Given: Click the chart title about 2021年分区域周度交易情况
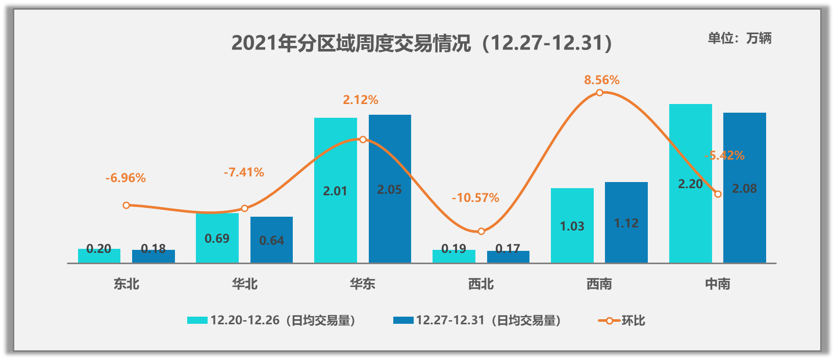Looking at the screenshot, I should tap(421, 43).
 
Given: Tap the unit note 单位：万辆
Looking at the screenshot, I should tap(739, 38).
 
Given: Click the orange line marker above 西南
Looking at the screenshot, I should tap(599, 93).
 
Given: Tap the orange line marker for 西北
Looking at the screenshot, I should tap(481, 232).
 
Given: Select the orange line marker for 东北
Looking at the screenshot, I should tap(126, 205).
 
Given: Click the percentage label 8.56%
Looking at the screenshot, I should tap(601, 80).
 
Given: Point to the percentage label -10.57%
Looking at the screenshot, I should tap(475, 198).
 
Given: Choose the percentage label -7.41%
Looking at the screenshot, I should tap(244, 172).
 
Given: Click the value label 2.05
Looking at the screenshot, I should tap(389, 190).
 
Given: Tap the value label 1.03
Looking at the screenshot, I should tap(572, 226).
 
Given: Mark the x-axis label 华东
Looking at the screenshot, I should tap(363, 284).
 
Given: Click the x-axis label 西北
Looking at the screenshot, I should tap(481, 284).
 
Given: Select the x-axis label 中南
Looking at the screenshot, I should tap(717, 284).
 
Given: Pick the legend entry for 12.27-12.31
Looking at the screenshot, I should tap(477, 321).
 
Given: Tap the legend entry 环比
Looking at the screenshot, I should tap(622, 321).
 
